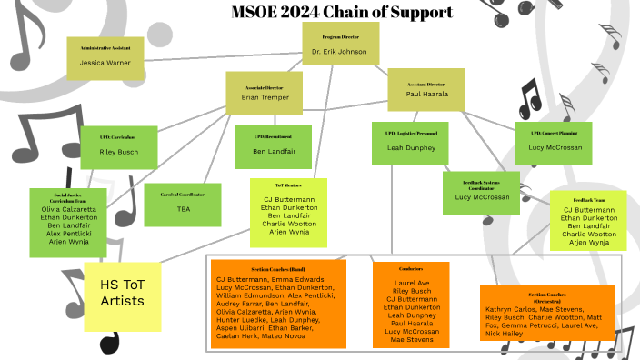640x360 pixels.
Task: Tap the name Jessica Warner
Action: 105,63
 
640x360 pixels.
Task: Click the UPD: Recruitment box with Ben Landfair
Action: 272,146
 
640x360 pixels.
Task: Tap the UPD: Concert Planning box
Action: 554,142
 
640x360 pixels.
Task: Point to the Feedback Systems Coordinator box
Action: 481,192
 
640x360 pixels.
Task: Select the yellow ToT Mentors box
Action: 288,213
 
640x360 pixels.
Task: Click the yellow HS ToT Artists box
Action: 122,296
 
